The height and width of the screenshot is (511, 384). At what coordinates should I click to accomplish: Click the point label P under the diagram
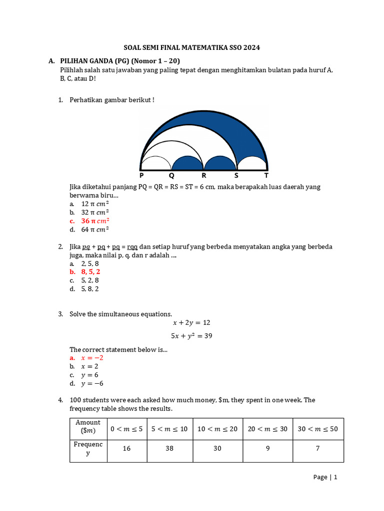click(x=141, y=176)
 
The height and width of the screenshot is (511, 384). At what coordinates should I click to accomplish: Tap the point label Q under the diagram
click(x=171, y=176)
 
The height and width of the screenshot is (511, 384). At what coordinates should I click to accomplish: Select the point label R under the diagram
click(x=203, y=176)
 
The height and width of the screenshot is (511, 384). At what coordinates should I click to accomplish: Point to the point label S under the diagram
click(x=236, y=176)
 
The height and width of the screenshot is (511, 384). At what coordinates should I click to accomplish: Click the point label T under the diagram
click(x=266, y=176)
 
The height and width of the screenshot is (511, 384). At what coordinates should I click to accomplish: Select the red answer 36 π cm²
click(x=95, y=221)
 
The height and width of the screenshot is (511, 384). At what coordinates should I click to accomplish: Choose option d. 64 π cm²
click(x=95, y=230)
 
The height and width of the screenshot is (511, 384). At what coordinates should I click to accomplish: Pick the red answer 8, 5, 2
click(x=91, y=272)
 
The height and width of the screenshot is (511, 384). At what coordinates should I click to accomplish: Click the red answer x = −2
click(x=92, y=358)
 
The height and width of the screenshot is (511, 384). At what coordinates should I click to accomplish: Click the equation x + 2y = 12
click(x=191, y=323)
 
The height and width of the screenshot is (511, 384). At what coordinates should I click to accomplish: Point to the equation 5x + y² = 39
click(x=191, y=336)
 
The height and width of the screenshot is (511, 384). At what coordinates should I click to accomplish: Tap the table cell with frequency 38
click(x=169, y=449)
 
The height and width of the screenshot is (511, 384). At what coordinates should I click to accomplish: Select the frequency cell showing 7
click(x=317, y=449)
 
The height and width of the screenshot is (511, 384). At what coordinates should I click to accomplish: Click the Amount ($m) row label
click(x=88, y=427)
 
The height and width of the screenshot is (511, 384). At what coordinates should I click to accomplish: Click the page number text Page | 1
click(x=325, y=477)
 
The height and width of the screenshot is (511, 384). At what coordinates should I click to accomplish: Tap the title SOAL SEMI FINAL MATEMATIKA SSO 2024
click(x=192, y=48)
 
